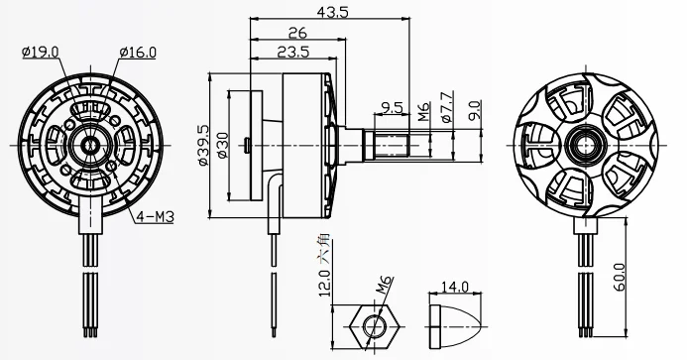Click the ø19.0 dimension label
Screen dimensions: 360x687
pos(39,52)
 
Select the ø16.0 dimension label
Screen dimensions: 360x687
pos(136,52)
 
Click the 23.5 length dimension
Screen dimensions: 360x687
pos(289,53)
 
